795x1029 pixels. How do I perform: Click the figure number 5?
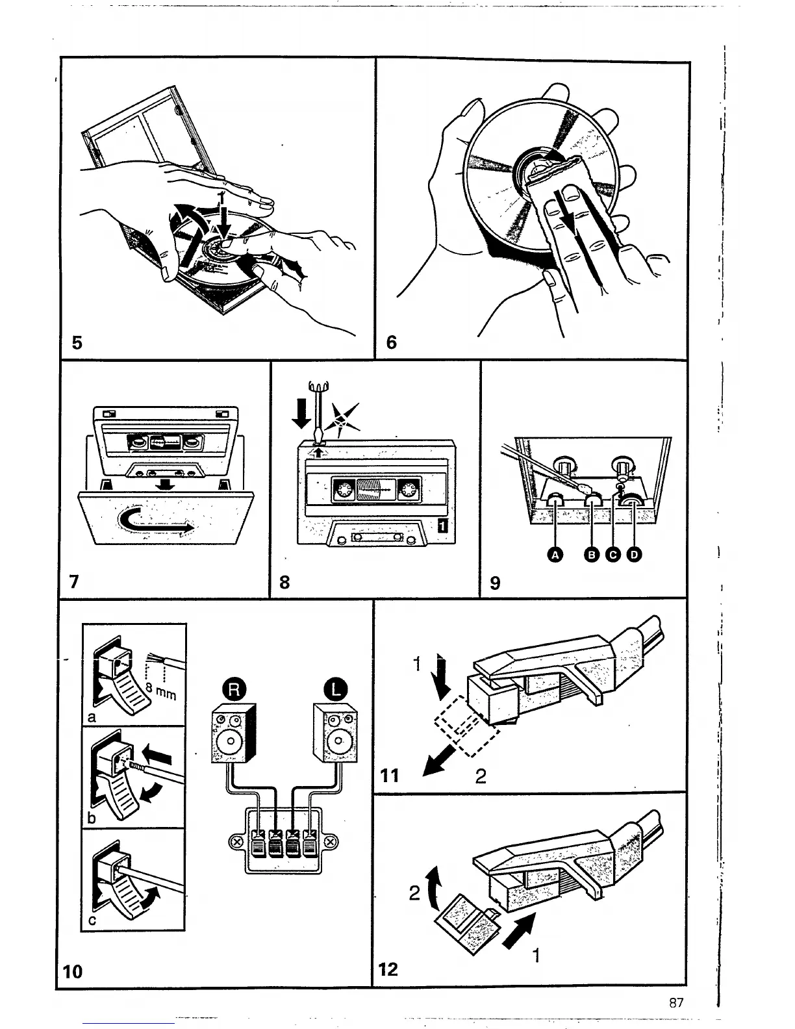[77, 342]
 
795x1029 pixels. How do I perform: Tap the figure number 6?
[391, 342]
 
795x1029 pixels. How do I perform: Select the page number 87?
[676, 1002]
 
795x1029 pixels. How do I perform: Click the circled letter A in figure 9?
[555, 554]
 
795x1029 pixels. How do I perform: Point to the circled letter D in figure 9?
[634, 554]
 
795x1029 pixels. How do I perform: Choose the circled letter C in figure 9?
[613, 554]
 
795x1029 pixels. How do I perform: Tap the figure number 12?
[388, 969]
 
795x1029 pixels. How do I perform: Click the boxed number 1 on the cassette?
[443, 526]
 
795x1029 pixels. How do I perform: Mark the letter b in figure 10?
[92, 818]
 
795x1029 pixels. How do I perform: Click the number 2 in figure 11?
[481, 776]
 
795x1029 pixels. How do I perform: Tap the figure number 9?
[495, 583]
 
